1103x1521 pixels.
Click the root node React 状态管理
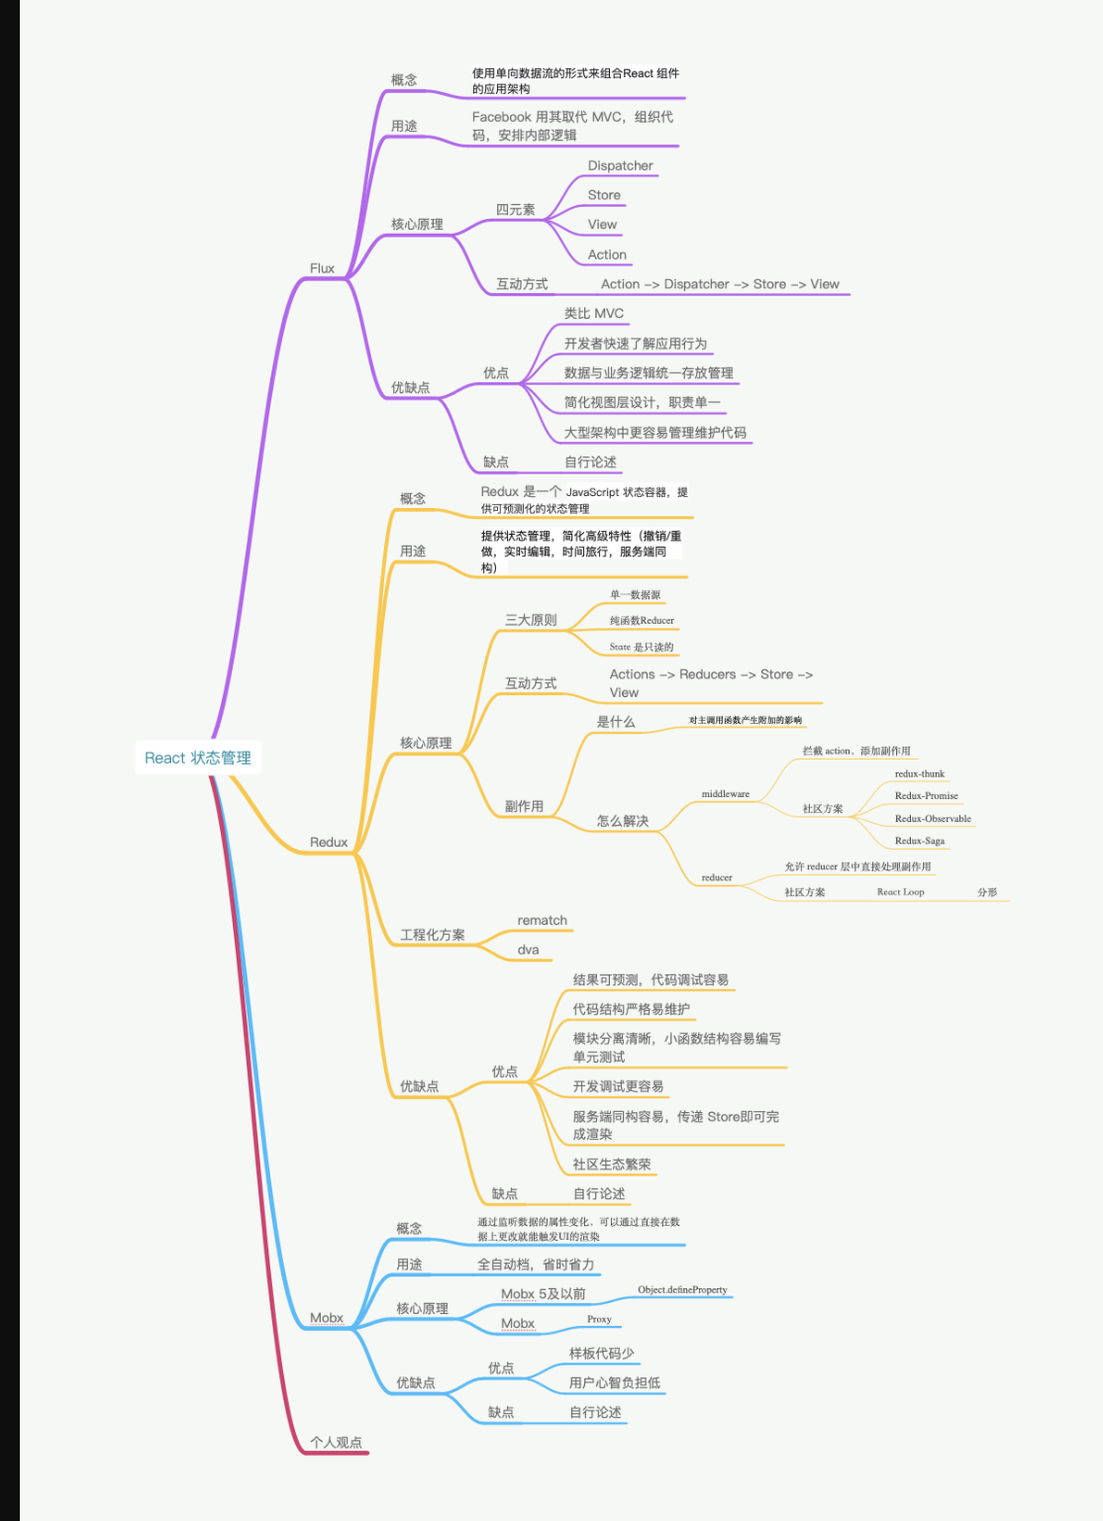point(198,758)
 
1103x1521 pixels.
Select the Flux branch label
point(322,268)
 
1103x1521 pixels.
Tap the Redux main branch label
point(329,843)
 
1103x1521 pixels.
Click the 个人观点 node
point(336,1443)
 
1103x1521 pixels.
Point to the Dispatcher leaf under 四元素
point(620,166)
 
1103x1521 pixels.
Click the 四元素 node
point(515,210)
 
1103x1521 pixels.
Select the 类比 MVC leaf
point(594,314)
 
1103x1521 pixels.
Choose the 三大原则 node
point(531,620)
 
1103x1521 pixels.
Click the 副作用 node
point(524,807)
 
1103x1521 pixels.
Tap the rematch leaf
point(542,921)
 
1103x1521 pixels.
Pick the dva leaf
point(528,951)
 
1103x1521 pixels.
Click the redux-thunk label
point(920,774)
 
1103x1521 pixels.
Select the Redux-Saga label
point(920,841)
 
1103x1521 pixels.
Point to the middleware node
point(726,794)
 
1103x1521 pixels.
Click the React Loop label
point(900,892)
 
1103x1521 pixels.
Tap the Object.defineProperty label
point(682,1290)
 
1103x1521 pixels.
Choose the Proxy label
point(599,1319)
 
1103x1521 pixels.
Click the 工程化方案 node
point(432,935)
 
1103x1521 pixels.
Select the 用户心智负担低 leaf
point(614,1383)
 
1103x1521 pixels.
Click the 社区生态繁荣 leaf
point(611,1165)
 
